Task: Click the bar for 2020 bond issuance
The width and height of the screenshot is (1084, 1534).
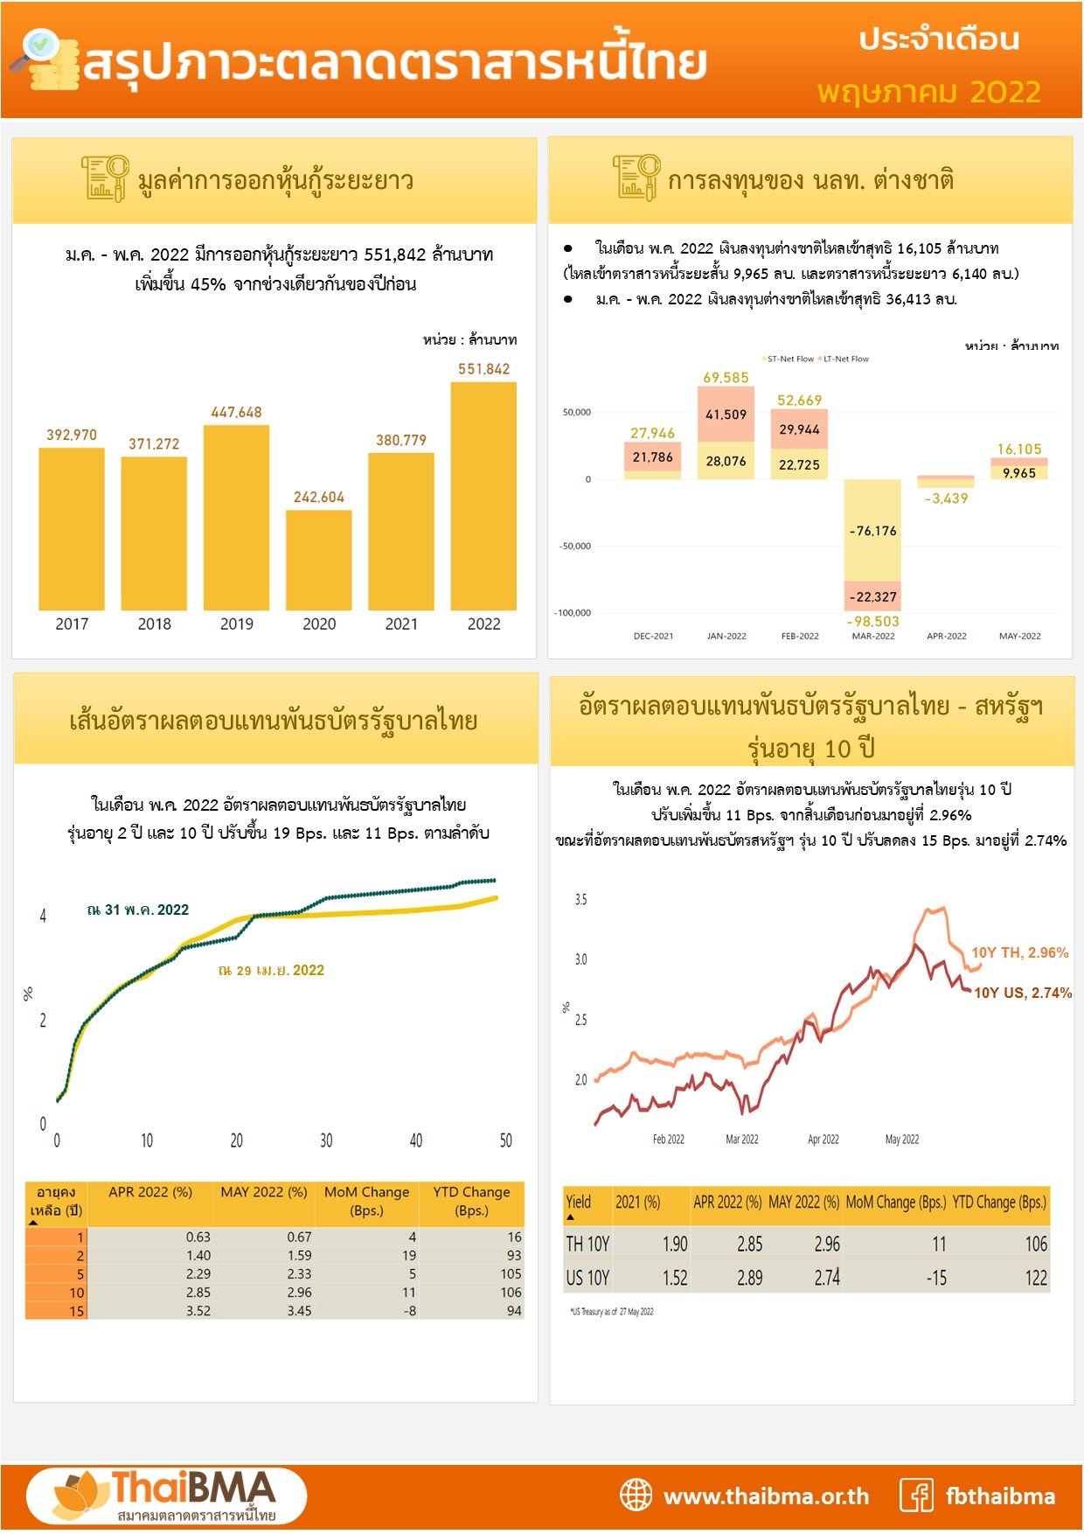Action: point(318,560)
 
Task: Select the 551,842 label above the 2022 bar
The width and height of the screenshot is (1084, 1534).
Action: point(483,369)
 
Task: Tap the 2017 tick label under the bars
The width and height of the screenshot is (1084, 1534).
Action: point(72,624)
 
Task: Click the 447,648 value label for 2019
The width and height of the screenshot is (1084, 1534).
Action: point(236,412)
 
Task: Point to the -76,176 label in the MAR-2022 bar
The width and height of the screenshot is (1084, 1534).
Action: point(872,531)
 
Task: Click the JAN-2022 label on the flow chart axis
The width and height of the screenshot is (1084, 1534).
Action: point(726,636)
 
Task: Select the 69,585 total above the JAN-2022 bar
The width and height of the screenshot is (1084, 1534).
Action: point(726,378)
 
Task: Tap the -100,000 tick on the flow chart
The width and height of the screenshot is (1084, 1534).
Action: point(573,613)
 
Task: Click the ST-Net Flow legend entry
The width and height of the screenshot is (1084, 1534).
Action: point(789,359)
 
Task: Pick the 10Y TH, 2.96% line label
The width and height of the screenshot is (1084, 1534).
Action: point(1019,952)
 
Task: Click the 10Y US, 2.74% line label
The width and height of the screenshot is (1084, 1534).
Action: point(1022,993)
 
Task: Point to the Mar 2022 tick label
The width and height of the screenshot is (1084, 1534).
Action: point(742,1140)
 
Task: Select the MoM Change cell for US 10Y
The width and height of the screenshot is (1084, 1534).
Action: point(936,1278)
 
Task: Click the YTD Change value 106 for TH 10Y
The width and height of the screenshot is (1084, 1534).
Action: point(1036,1244)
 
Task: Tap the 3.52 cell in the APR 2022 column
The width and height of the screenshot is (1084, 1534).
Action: point(198,1311)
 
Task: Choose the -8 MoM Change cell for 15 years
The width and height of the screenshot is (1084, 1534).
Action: point(410,1311)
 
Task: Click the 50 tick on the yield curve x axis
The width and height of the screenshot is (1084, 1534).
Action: point(505,1140)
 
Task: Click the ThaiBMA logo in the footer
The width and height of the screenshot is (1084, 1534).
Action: point(166,1496)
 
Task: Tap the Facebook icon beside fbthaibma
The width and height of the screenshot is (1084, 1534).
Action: point(916,1496)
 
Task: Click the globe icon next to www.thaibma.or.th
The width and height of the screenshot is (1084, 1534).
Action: point(636,1496)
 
